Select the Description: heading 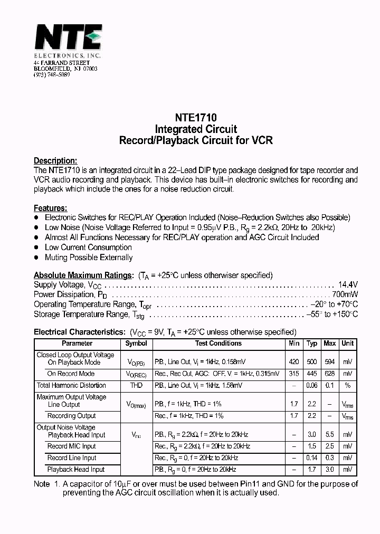click(x=55, y=160)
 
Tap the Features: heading click(x=50, y=208)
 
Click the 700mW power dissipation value click(x=345, y=294)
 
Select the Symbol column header click(x=136, y=344)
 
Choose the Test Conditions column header click(x=218, y=344)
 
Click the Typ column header click(x=312, y=344)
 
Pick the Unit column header click(x=347, y=344)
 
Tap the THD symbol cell click(x=136, y=386)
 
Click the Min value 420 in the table click(x=294, y=363)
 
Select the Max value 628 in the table click(x=330, y=374)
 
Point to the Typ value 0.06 click(x=312, y=386)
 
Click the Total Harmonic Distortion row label click(x=71, y=386)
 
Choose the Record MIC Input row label click(x=72, y=446)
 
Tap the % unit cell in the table click(x=347, y=386)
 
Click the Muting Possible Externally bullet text click(x=89, y=258)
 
